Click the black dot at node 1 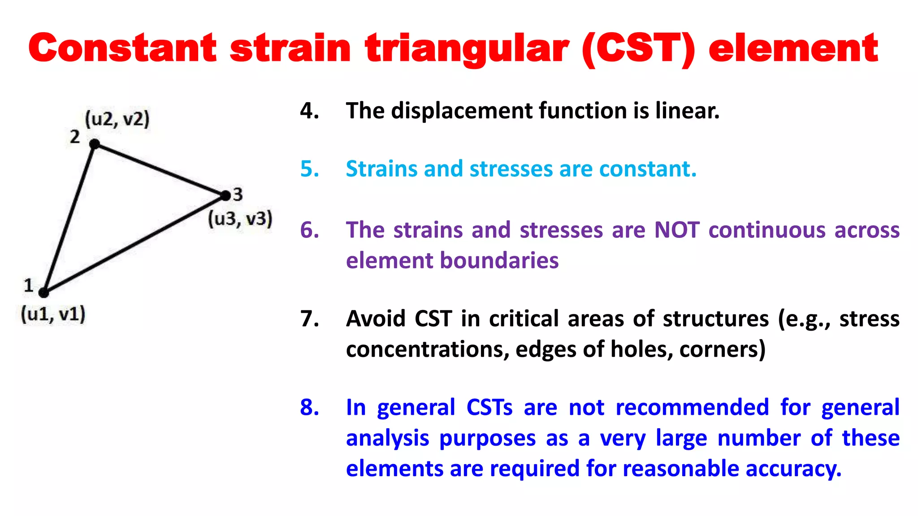tap(43, 292)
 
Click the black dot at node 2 tap(95, 144)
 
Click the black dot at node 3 tap(225, 195)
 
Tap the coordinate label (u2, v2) tap(117, 120)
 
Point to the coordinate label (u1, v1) tap(53, 314)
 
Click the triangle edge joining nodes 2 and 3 tap(160, 170)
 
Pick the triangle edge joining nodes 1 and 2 tap(69, 219)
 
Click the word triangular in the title tap(467, 48)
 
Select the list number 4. tap(309, 111)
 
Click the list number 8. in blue tap(309, 408)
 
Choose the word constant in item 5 tap(647, 169)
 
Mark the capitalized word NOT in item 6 tap(676, 230)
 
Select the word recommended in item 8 tap(692, 408)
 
